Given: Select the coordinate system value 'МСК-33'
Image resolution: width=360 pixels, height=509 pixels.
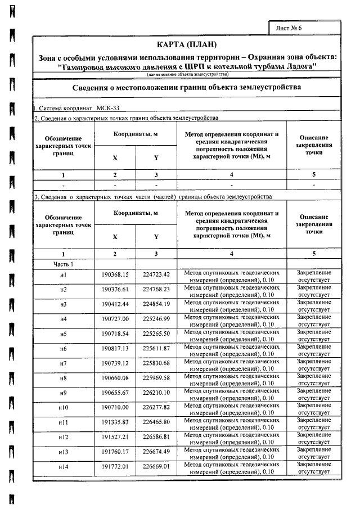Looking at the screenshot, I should point(108,107).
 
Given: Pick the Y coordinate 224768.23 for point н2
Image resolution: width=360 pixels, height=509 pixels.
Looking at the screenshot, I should point(156,289).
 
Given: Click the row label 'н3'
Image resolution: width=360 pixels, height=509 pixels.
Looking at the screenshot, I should point(64,304).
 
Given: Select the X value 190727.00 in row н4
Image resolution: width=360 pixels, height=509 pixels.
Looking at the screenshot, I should point(115,319).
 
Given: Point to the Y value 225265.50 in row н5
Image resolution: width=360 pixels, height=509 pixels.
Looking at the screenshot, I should point(156,334).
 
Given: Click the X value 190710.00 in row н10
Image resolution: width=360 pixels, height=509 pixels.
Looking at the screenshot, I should point(115,407).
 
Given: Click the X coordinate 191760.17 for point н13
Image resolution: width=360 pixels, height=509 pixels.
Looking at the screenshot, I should point(115,452).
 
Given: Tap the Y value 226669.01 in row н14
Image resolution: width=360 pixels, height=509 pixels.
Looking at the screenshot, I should point(156,467).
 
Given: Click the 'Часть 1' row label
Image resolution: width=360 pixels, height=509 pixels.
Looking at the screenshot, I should point(64,264).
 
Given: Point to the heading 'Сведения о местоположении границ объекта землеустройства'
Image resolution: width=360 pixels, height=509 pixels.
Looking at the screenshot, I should point(187,87).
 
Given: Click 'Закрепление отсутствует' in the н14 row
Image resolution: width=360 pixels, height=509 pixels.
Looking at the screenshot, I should point(314,467).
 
